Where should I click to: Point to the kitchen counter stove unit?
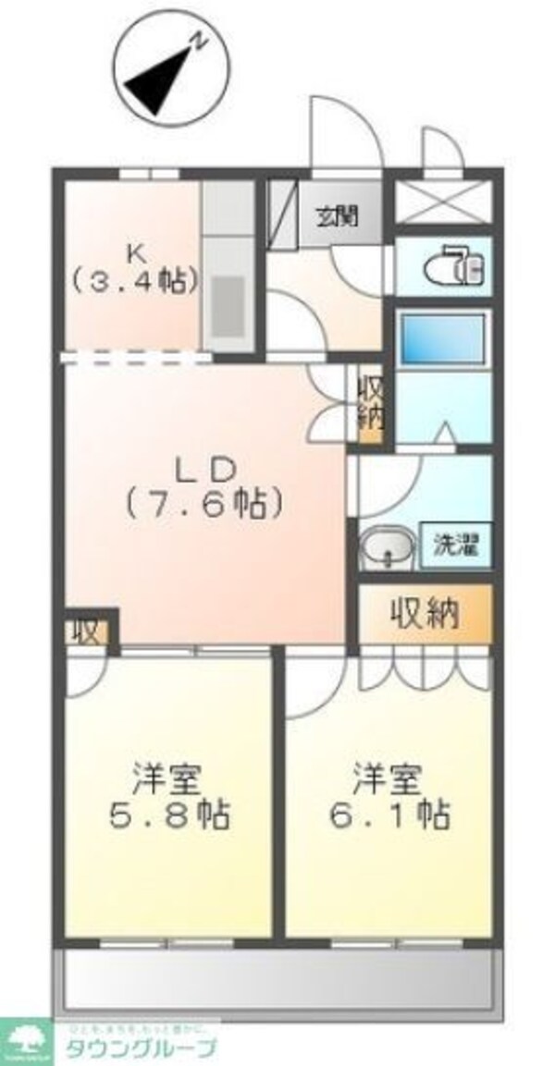[x=228, y=268]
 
